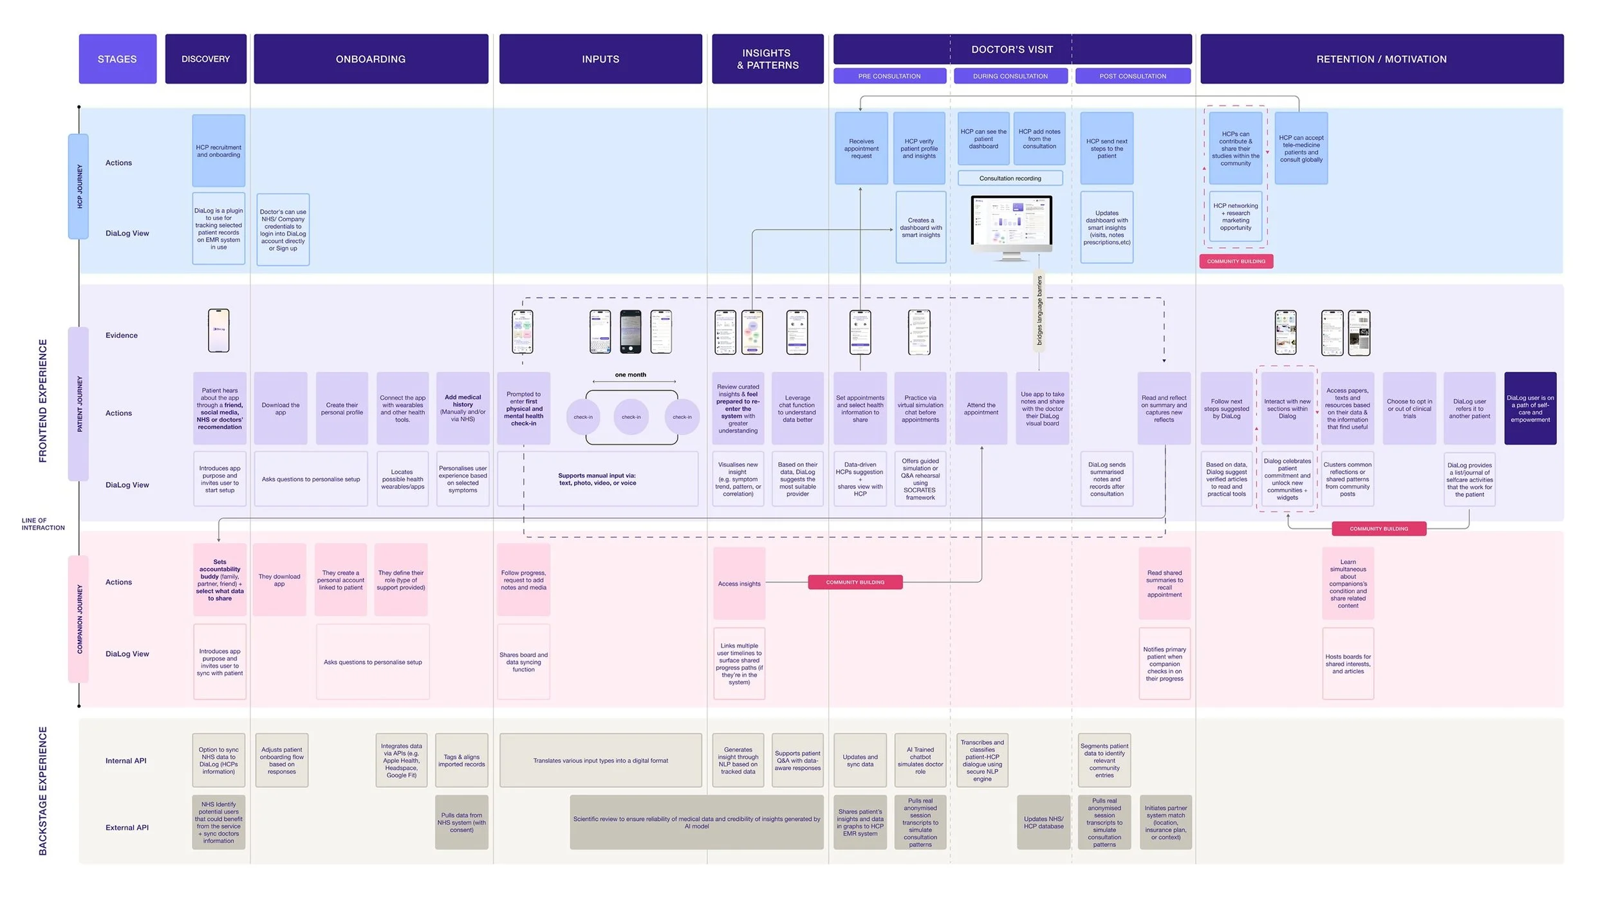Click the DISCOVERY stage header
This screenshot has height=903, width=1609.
(205, 59)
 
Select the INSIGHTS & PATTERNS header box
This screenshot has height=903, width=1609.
(767, 59)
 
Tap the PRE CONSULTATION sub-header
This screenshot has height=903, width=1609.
(889, 76)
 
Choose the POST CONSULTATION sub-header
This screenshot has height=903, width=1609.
(1132, 76)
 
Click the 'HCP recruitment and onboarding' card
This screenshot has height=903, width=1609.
(219, 151)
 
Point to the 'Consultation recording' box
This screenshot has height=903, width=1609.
(1010, 178)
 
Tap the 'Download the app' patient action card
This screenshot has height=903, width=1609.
(281, 409)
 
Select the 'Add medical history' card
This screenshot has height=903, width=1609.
(463, 409)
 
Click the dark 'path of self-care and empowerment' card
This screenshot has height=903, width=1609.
(1530, 409)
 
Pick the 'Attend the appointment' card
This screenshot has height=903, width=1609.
(981, 409)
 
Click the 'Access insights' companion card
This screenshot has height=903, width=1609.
(739, 584)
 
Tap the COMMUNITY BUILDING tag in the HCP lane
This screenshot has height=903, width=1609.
(1236, 261)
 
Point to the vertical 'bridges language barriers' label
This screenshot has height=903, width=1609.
(1039, 310)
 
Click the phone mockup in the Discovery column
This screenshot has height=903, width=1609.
(219, 330)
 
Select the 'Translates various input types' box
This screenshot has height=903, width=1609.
(600, 761)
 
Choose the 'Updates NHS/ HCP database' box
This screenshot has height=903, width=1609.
(1043, 823)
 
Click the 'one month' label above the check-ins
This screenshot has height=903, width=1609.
(630, 375)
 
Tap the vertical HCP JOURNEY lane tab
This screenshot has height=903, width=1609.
(79, 187)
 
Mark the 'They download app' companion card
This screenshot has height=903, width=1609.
(279, 580)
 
